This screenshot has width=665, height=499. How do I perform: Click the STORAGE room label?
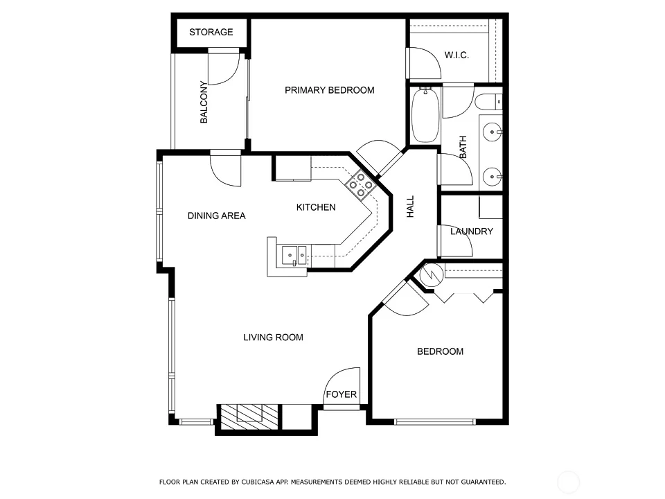pos(211,33)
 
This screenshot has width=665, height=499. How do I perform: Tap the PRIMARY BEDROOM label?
pos(330,90)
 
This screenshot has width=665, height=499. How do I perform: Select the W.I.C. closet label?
pos(456,55)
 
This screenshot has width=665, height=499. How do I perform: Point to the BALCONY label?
pos(204,103)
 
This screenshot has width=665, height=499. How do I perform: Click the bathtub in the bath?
pos(425,115)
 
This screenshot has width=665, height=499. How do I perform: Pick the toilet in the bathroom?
pos(488,102)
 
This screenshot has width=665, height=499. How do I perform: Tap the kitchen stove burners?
pos(361,185)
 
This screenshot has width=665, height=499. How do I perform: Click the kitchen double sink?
pos(294,256)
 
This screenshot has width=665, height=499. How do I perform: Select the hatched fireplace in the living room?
pos(249,417)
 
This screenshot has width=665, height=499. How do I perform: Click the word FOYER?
pos(342,394)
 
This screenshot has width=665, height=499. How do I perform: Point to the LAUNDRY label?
pos(472,231)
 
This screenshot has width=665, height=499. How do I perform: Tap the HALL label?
pos(411,207)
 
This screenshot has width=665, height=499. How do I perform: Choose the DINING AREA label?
pos(217,216)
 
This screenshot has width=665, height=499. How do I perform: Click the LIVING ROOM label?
pos(273,338)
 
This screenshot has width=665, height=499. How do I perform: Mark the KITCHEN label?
pos(316,207)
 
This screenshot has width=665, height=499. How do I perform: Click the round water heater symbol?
pos(432,275)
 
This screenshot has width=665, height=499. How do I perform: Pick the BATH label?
pos(463,147)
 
